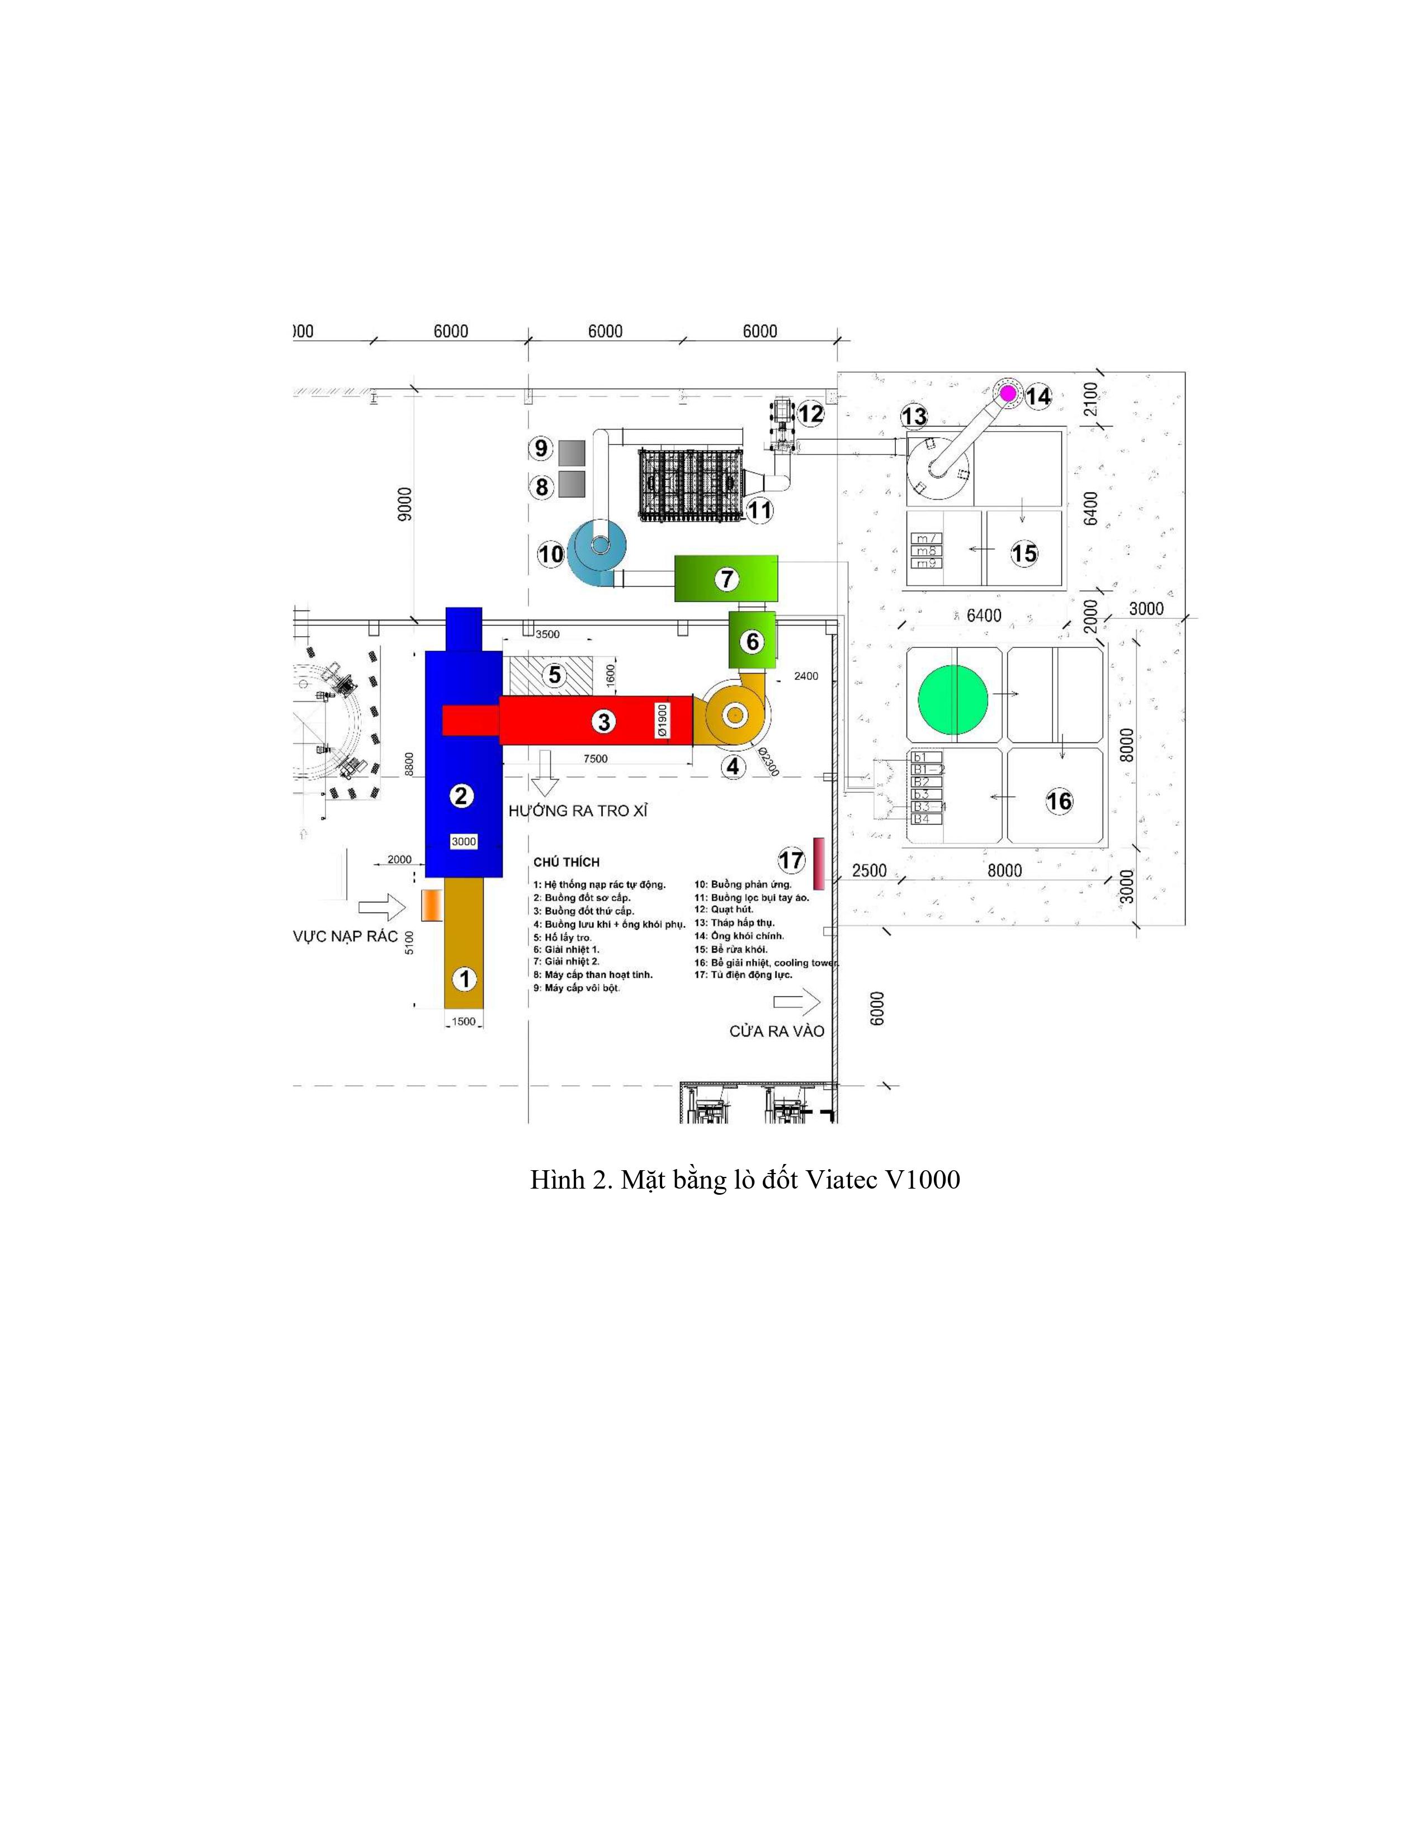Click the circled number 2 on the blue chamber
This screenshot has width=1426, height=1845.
[461, 795]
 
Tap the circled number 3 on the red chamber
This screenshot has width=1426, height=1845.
[603, 721]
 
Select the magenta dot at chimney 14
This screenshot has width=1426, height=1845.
[1008, 393]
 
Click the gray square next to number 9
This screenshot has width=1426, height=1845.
[572, 452]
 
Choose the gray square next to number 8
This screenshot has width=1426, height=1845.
[572, 485]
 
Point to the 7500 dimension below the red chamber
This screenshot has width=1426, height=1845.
[595, 759]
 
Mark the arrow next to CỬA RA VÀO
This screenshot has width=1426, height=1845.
[797, 1003]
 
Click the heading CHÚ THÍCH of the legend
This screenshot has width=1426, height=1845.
[566, 862]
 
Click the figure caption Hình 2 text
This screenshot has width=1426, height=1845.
[744, 1179]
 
